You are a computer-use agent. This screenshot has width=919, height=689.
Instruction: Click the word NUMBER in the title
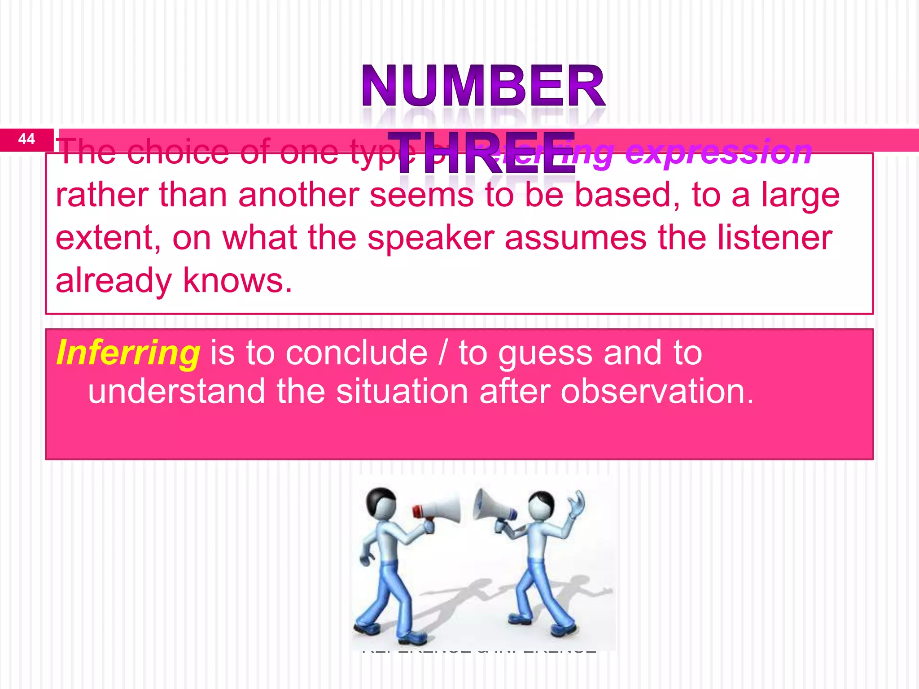[x=483, y=86]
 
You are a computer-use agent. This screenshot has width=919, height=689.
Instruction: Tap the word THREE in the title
[x=481, y=153]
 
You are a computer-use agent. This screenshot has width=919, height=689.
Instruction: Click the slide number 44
[x=26, y=139]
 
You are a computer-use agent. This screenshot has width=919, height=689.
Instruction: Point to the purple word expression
[x=718, y=153]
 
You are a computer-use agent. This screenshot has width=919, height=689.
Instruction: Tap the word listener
[x=775, y=238]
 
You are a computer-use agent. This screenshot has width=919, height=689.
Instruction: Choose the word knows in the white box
[x=237, y=281]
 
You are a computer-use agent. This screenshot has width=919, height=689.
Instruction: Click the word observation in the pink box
[x=657, y=392]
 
